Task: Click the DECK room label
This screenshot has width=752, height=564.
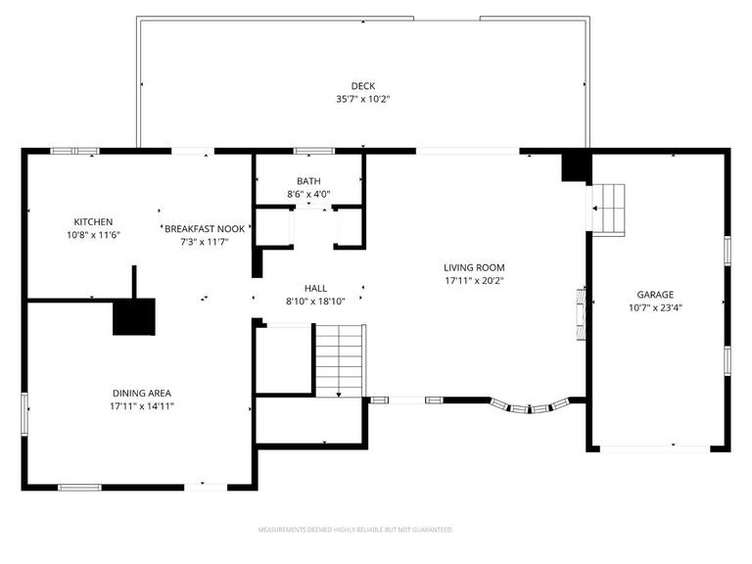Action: click(363, 86)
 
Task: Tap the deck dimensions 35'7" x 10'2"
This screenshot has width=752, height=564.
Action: click(363, 99)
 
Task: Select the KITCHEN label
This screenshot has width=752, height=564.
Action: click(93, 222)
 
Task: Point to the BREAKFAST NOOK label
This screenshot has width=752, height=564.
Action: click(205, 228)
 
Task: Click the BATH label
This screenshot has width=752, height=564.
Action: click(308, 181)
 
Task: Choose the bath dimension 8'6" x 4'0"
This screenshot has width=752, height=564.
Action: click(308, 194)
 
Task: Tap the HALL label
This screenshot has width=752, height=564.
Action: click(315, 288)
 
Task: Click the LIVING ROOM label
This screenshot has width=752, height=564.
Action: click(474, 267)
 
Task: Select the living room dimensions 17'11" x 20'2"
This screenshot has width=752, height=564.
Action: click(474, 280)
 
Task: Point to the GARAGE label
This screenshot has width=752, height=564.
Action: click(655, 294)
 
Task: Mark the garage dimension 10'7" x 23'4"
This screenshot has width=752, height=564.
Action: click(655, 306)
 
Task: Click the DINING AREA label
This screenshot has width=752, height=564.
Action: click(142, 393)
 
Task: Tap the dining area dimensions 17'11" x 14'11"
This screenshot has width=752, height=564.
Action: click(142, 405)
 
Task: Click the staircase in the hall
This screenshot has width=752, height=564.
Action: click(340, 361)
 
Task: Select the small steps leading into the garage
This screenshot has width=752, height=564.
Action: click(610, 209)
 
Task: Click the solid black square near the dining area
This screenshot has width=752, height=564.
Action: click(134, 316)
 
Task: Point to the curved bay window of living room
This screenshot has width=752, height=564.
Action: click(530, 405)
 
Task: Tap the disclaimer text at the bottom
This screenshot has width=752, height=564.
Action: click(355, 530)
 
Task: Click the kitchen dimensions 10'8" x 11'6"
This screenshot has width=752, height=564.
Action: click(93, 235)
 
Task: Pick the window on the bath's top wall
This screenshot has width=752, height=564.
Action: click(313, 151)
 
